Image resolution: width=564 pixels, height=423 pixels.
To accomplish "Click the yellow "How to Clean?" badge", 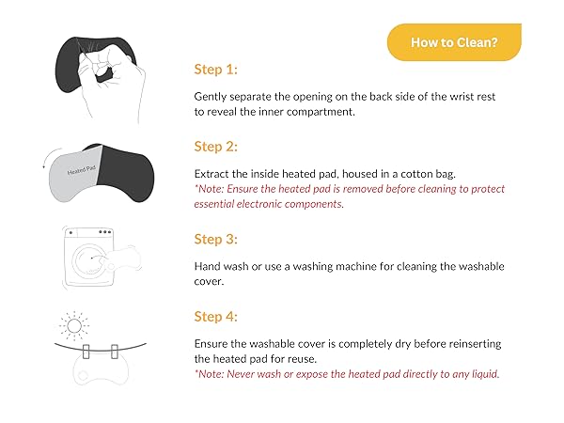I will (x=453, y=42).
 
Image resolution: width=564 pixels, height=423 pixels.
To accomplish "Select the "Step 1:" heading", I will (x=216, y=69).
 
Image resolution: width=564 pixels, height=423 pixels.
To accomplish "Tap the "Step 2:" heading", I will (x=216, y=147).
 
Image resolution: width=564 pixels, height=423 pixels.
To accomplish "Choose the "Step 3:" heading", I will (x=216, y=239).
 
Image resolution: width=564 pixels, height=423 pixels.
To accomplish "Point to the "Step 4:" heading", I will (x=216, y=317).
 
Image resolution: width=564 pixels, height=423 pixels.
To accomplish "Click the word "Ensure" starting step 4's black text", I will (x=212, y=344).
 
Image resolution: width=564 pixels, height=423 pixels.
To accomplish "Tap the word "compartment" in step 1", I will (x=320, y=111).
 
